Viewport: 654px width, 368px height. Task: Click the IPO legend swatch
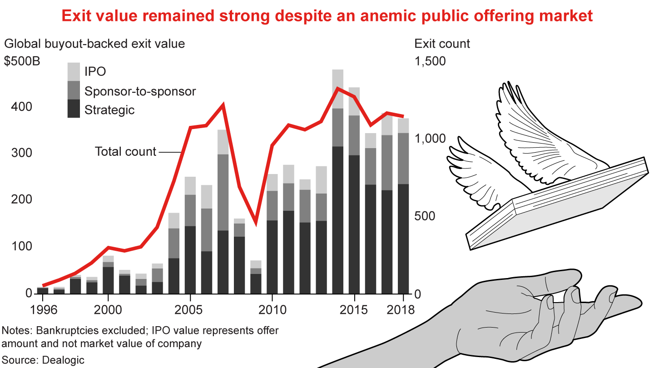click(74, 72)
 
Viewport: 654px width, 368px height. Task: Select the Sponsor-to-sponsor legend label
click(140, 91)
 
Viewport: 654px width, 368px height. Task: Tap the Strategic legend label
click(109, 110)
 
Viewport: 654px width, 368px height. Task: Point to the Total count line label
click(125, 152)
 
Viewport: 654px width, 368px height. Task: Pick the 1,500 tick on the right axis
click(430, 61)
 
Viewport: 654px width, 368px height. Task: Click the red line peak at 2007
click(223, 105)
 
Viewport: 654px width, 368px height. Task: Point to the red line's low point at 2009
click(256, 223)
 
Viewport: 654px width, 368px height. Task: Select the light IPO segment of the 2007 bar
click(223, 142)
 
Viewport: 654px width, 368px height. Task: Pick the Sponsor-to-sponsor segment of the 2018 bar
click(403, 158)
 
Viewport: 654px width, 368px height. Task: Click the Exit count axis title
click(442, 44)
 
